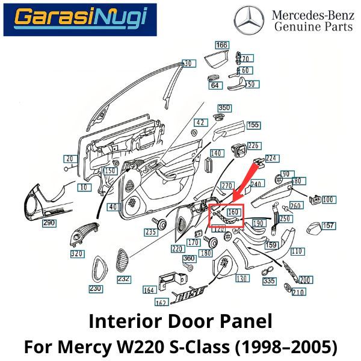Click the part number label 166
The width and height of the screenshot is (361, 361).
[x=222, y=45]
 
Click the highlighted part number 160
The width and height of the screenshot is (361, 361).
[x=233, y=212]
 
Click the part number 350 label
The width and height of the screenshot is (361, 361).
[x=224, y=108]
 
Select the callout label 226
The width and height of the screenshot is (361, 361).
[x=253, y=146]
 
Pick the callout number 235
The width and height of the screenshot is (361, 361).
[x=150, y=232]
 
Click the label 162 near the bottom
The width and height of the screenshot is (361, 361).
[x=161, y=302]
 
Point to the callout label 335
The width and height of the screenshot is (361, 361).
[x=269, y=281]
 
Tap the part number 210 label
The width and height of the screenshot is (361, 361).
[x=298, y=292]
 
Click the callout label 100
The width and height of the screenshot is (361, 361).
[x=329, y=199]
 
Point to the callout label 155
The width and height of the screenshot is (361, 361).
[x=253, y=125]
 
